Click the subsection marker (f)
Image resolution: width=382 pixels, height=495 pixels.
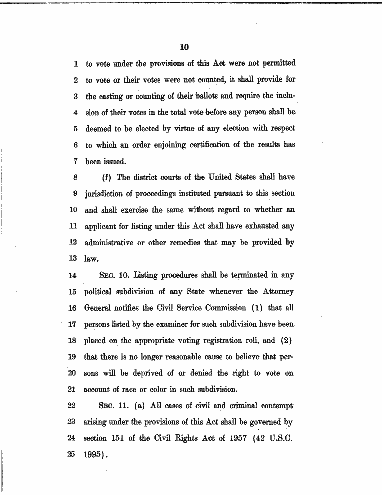click(107, 177)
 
